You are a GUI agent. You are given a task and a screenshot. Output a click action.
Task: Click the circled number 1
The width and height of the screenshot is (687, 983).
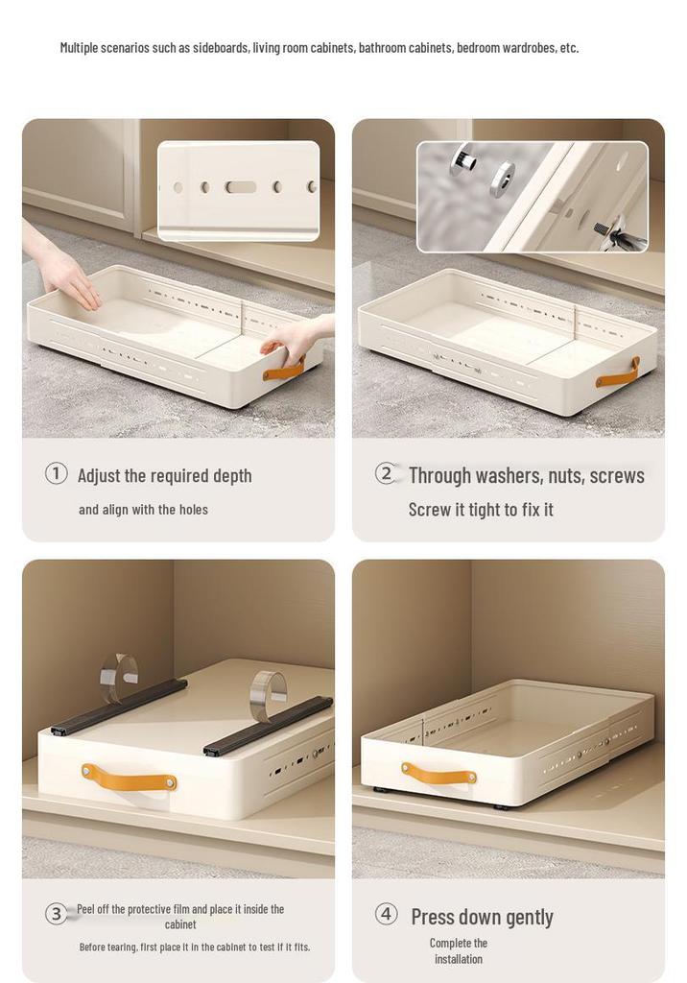[56, 473]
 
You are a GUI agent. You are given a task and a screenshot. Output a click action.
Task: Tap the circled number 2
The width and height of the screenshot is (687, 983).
[386, 473]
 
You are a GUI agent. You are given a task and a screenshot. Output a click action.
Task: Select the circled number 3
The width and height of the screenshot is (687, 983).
[56, 914]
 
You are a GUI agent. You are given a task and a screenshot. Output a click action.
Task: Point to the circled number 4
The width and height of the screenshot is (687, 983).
[386, 914]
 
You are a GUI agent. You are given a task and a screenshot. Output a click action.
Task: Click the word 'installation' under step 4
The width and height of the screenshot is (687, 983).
[459, 959]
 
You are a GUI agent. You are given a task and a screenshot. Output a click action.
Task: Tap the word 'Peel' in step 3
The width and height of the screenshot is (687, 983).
[86, 909]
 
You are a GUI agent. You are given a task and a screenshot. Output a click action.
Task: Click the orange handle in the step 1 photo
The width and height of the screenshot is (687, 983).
[284, 370]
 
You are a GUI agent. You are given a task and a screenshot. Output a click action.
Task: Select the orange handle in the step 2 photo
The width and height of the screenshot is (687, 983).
[617, 373]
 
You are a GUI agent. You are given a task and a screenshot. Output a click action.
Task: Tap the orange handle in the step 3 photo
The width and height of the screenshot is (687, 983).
[130, 778]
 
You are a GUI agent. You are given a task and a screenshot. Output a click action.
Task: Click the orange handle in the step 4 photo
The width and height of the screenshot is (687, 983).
[438, 775]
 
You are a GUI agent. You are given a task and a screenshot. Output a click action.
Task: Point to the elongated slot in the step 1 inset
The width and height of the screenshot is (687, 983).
[242, 187]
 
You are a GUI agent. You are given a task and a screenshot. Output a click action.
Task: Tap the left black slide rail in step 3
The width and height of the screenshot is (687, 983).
[118, 706]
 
